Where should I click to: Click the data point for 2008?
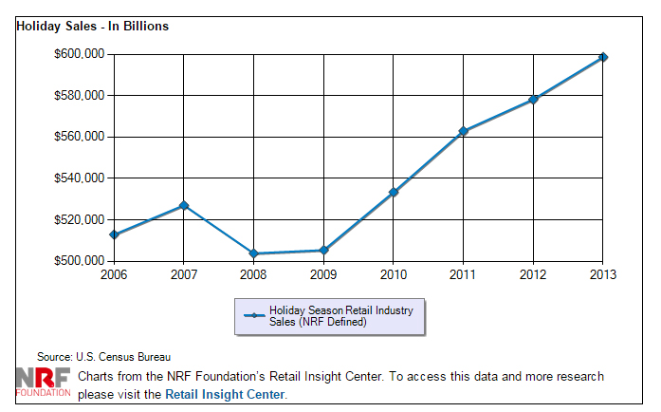pyautogui.click(x=253, y=253)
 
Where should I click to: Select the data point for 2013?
pyautogui.click(x=603, y=57)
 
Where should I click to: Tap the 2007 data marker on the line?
pyautogui.click(x=184, y=205)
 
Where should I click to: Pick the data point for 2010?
pyautogui.click(x=394, y=192)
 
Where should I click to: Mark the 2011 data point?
pyautogui.click(x=463, y=131)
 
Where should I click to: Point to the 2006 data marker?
pyautogui.click(x=114, y=234)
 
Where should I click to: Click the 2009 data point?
pyautogui.click(x=323, y=251)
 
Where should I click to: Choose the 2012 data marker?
pyautogui.click(x=533, y=99)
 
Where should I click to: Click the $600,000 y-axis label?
pyautogui.click(x=80, y=54)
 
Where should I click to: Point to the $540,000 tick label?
pyautogui.click(x=80, y=178)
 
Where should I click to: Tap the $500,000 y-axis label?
pyautogui.click(x=80, y=261)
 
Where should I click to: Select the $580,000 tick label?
pyautogui.click(x=80, y=96)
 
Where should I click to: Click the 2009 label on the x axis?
pyautogui.click(x=323, y=274)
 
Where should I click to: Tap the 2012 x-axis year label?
pyautogui.click(x=533, y=274)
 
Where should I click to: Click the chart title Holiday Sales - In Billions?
pyautogui.click(x=93, y=27)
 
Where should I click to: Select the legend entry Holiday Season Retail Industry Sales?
pyautogui.click(x=328, y=316)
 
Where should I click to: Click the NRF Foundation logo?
pyautogui.click(x=44, y=380)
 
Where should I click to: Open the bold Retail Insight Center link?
pyautogui.click(x=225, y=394)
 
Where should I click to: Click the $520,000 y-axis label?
pyautogui.click(x=80, y=220)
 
